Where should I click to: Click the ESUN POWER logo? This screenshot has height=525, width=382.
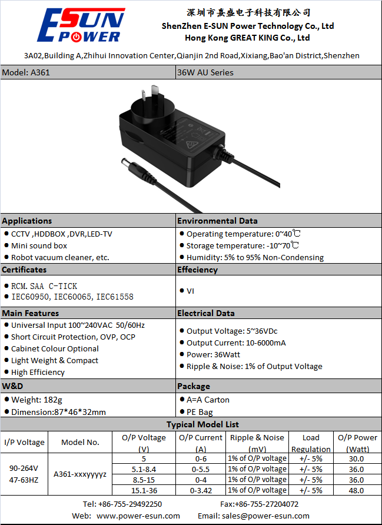[x=81, y=25]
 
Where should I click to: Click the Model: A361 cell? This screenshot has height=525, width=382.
[x=88, y=72]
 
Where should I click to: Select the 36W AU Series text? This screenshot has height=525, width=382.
[x=205, y=72]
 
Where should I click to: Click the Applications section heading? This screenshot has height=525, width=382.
[x=27, y=221]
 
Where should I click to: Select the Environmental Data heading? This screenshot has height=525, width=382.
[x=217, y=221]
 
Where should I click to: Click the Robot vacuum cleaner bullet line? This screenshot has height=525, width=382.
[x=57, y=257]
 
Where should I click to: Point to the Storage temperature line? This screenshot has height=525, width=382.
[x=240, y=246]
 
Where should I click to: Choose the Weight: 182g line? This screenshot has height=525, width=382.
[x=34, y=400]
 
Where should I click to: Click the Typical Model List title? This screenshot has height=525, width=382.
[x=202, y=424]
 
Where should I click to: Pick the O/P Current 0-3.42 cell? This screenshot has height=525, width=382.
[x=201, y=490]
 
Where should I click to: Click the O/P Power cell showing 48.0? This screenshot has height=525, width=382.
[x=357, y=490]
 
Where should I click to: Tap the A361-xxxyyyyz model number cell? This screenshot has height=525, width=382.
[x=80, y=474]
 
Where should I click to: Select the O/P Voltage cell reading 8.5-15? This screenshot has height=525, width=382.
[x=144, y=480]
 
